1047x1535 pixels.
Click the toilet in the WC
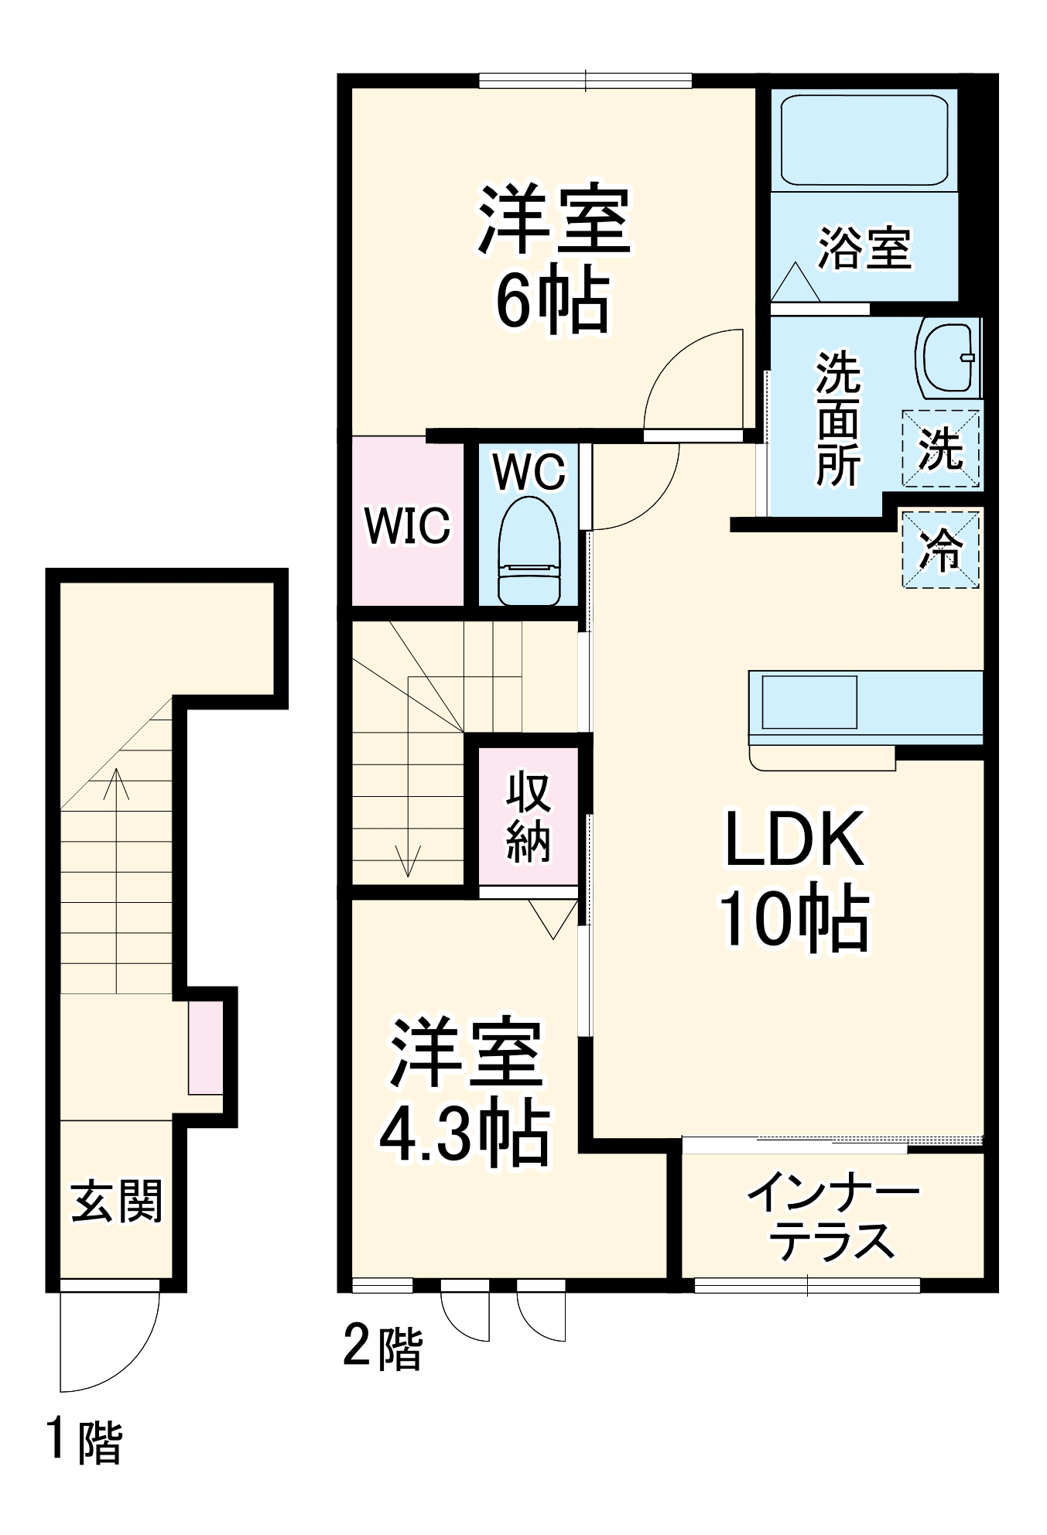click(529, 551)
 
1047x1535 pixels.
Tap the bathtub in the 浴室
click(864, 140)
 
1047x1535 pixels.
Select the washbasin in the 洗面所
click(947, 358)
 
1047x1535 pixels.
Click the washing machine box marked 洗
click(940, 449)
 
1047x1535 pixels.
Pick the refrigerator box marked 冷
click(940, 549)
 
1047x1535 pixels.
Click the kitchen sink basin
click(809, 702)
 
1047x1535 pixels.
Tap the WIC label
click(407, 525)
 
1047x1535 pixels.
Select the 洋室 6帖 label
click(553, 258)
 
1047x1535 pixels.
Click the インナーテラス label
click(833, 1217)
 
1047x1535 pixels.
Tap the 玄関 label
click(117, 1202)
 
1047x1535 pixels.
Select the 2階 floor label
click(382, 1348)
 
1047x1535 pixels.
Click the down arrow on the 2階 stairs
click(407, 860)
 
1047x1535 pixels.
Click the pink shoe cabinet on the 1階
click(206, 1048)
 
